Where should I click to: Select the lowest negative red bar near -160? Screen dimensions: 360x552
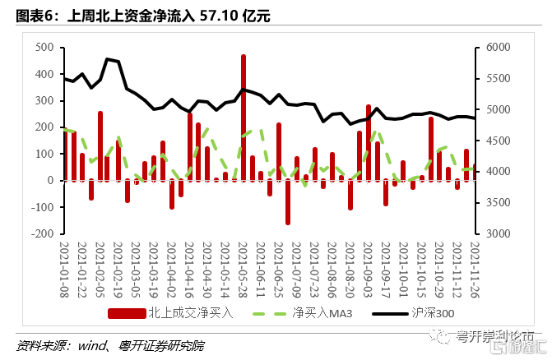[x=288, y=201]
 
